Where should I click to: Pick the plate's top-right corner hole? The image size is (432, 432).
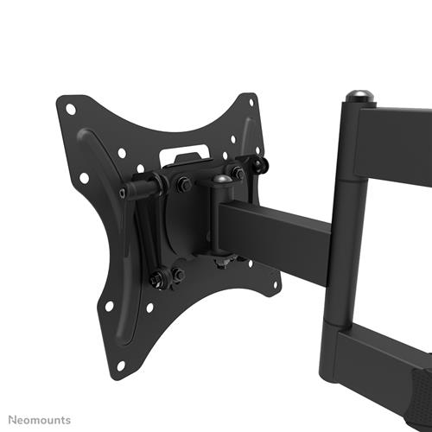(251, 102)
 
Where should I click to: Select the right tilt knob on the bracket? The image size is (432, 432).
(260, 163)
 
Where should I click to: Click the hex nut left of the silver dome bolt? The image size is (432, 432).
(183, 184)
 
